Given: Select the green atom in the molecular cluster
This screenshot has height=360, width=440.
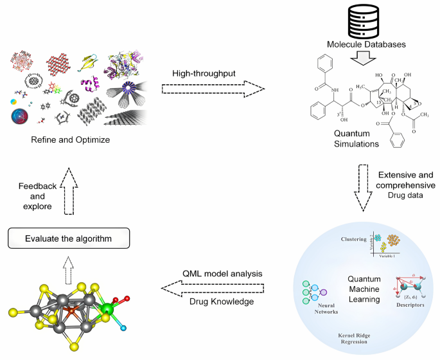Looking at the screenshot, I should point(107,312).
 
